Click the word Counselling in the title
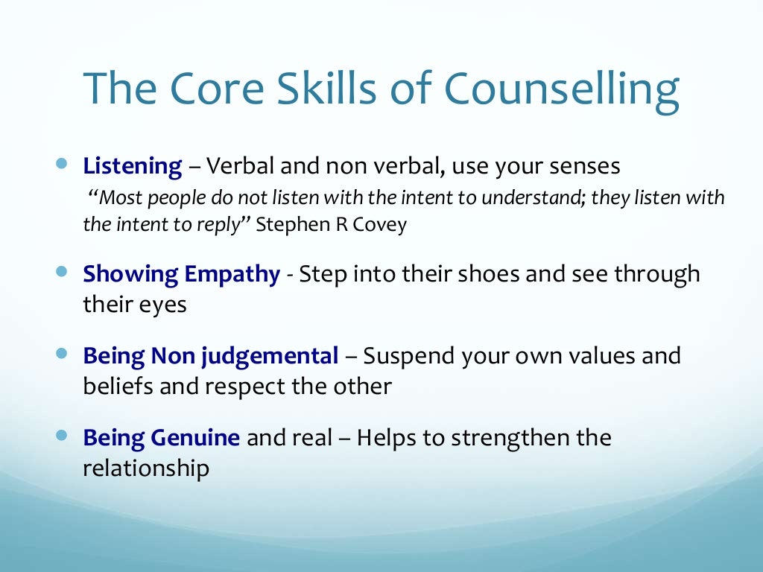[562, 89]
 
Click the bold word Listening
[133, 166]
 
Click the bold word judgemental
[270, 357]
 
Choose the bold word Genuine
[194, 438]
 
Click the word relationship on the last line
[146, 469]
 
